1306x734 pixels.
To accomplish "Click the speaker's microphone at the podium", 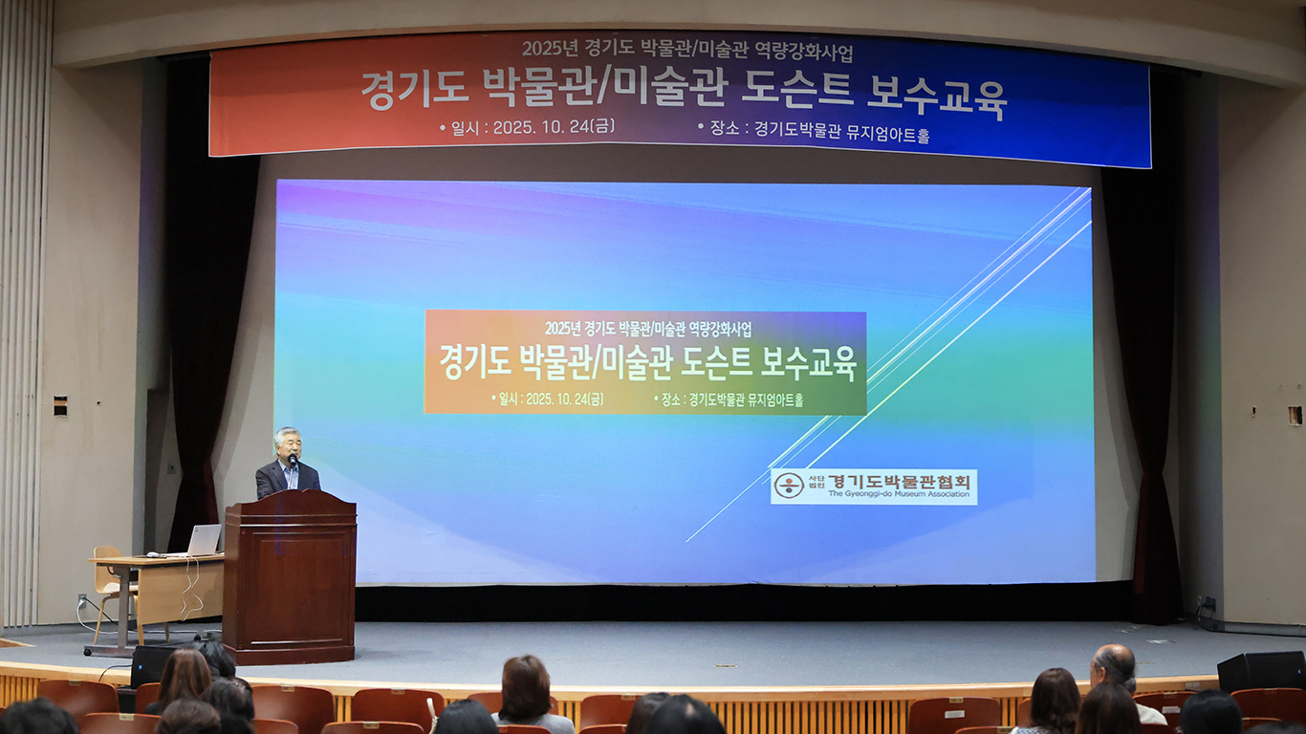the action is coord(293,461).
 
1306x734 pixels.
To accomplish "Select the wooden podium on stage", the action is coord(290,576).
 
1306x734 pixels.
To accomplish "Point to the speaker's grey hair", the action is coord(288,434).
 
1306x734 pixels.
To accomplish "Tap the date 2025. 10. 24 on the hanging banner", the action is coord(542,127).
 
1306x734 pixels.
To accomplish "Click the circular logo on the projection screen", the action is coord(789,486).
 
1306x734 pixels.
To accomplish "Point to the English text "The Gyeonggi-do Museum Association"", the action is coord(899,494).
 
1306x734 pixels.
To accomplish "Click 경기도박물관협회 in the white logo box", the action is coord(899,481).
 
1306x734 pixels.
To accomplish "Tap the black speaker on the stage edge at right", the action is coord(1261,671).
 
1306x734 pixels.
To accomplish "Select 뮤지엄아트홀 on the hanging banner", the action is coord(887,134).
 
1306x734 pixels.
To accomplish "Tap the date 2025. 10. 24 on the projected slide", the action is coord(556,399).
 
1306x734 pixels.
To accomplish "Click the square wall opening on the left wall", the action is coord(60,406).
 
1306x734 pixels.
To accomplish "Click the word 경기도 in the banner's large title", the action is coord(415,91).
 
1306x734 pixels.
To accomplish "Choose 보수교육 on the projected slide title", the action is coord(808,364).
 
